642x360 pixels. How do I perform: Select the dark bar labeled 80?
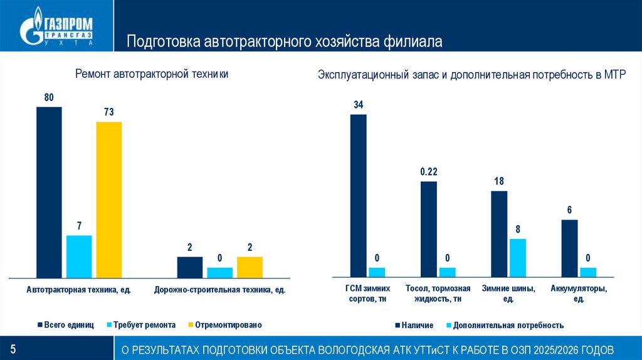(x=49, y=192)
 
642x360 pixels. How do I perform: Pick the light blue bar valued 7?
(x=79, y=256)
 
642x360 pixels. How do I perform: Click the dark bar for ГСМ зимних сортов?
(x=358, y=195)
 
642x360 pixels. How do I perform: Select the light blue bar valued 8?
(x=517, y=257)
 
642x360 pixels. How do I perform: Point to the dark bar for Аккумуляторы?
(x=569, y=248)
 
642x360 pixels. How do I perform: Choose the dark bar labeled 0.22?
(x=428, y=229)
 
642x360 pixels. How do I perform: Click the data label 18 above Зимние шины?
(x=499, y=182)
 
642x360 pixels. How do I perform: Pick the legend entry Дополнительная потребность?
(x=504, y=326)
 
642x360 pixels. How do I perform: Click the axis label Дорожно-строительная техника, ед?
(x=219, y=290)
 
